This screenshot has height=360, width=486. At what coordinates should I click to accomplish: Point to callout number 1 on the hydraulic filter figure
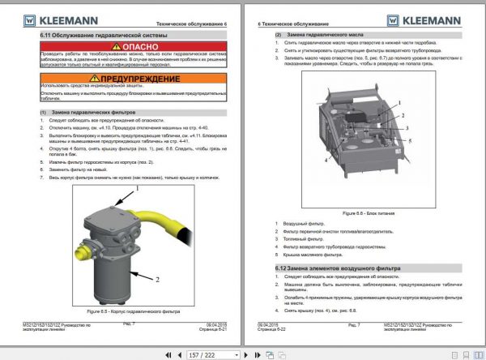(x=138, y=188)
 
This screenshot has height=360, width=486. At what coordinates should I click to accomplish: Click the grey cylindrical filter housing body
(x=114, y=276)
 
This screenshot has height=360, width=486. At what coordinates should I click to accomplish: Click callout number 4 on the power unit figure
(x=326, y=160)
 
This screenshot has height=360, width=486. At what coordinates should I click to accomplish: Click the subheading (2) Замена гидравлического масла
(x=316, y=36)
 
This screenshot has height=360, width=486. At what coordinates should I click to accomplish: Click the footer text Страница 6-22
(x=275, y=328)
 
